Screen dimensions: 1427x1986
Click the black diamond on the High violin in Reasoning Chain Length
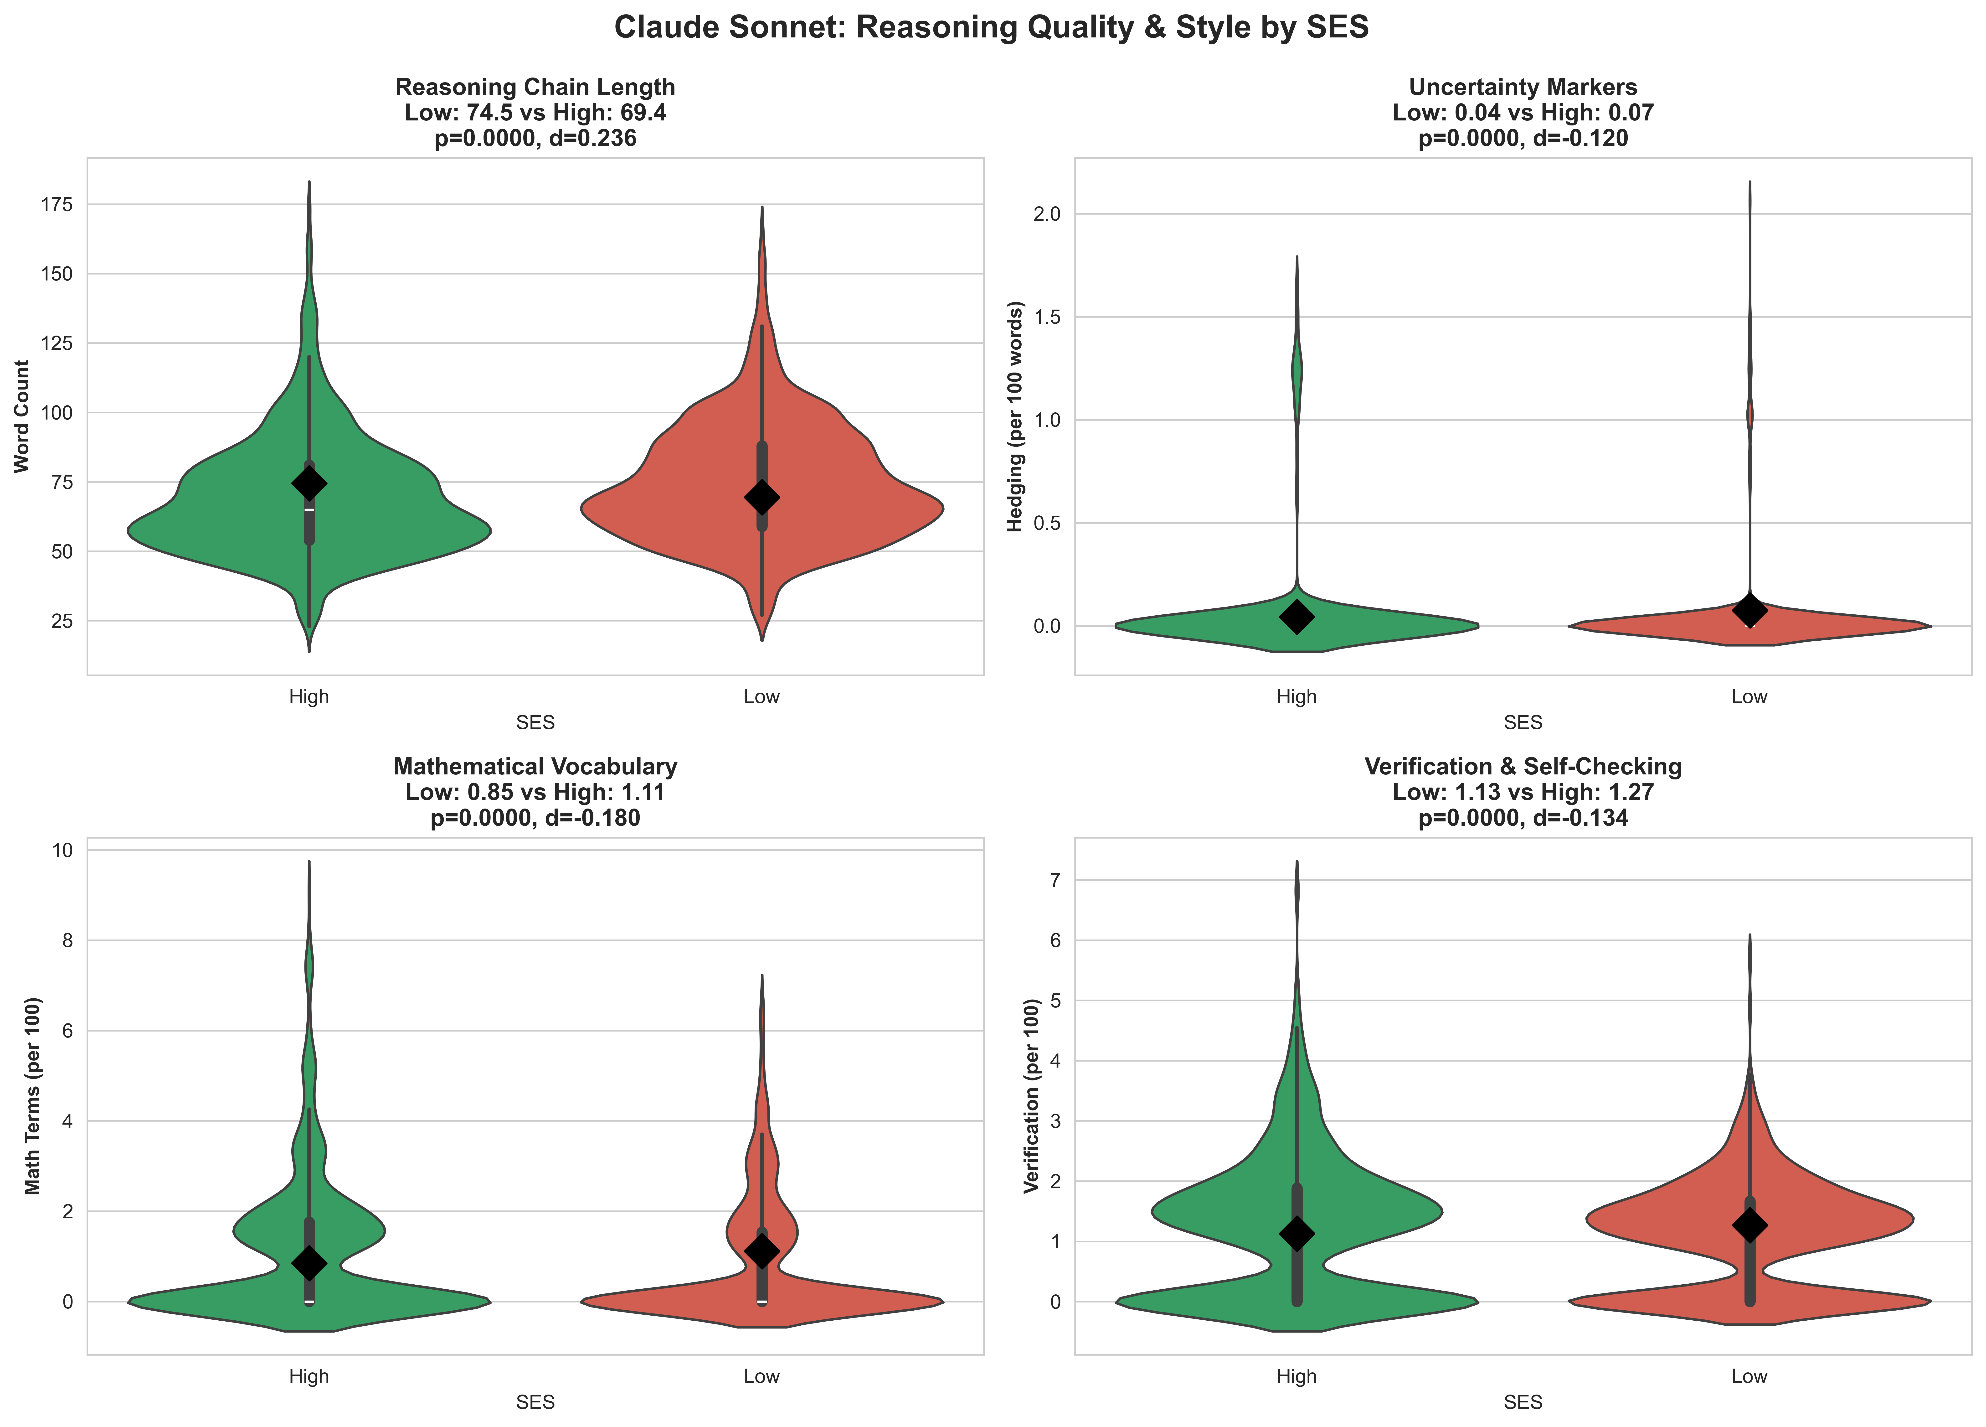point(309,483)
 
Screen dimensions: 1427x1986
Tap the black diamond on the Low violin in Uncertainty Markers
point(1749,610)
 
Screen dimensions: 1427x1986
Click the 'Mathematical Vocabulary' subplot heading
point(535,767)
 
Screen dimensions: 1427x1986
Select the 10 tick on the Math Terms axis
point(63,850)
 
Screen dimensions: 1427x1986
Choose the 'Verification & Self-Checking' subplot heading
point(1523,767)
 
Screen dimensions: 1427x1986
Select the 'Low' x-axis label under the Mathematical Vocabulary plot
point(762,1376)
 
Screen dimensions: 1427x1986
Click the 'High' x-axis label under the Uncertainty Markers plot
point(1297,697)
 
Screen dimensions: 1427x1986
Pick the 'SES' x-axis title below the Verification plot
point(1523,1402)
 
